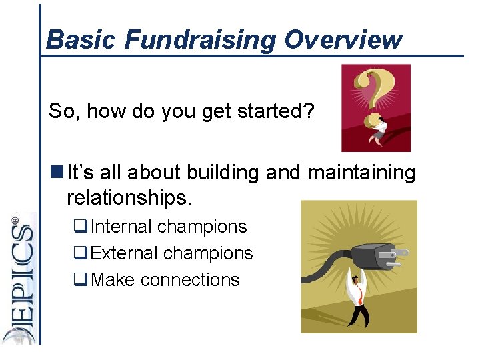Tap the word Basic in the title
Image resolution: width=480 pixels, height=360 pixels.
point(82,40)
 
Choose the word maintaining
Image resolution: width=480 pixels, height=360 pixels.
point(361,173)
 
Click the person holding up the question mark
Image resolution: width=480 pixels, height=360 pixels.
point(379,129)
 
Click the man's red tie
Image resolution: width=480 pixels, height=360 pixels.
point(359,296)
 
